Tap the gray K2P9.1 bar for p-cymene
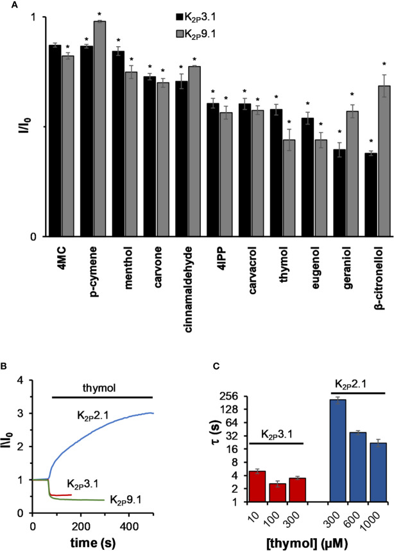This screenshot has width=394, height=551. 99,129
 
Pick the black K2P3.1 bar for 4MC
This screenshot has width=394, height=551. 55,141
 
